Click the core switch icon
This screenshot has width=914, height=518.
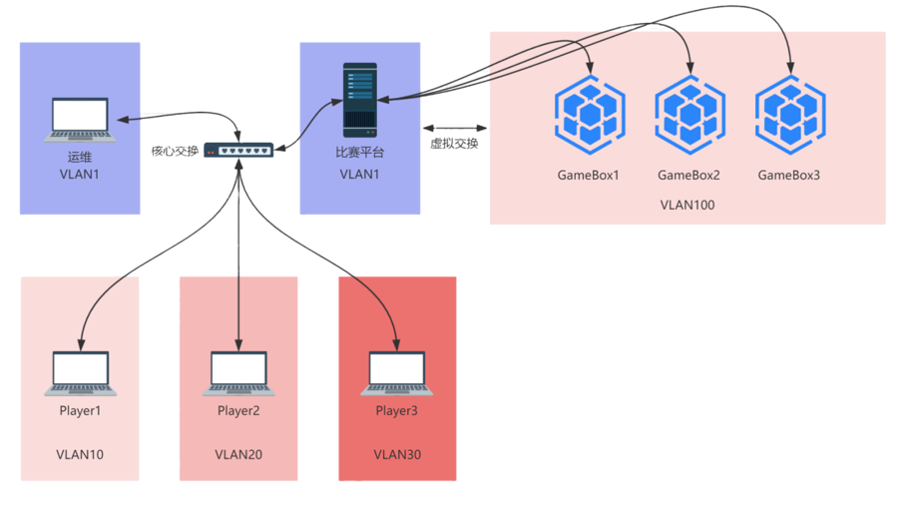click(x=239, y=150)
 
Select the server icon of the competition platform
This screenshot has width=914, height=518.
click(x=359, y=100)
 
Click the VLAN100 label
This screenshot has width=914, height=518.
click(x=687, y=205)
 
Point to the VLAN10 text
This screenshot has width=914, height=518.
click(x=80, y=455)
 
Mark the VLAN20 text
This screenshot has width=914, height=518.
click(x=238, y=455)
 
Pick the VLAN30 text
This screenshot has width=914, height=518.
click(x=397, y=455)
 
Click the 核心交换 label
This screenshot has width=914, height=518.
click(x=175, y=151)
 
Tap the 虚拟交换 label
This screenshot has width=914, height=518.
click(x=454, y=144)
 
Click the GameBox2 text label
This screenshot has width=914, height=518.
click(x=688, y=176)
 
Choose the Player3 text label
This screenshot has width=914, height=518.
click(x=397, y=411)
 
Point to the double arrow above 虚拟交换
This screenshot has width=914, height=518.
click(x=454, y=128)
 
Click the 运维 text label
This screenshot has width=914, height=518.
click(x=80, y=157)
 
